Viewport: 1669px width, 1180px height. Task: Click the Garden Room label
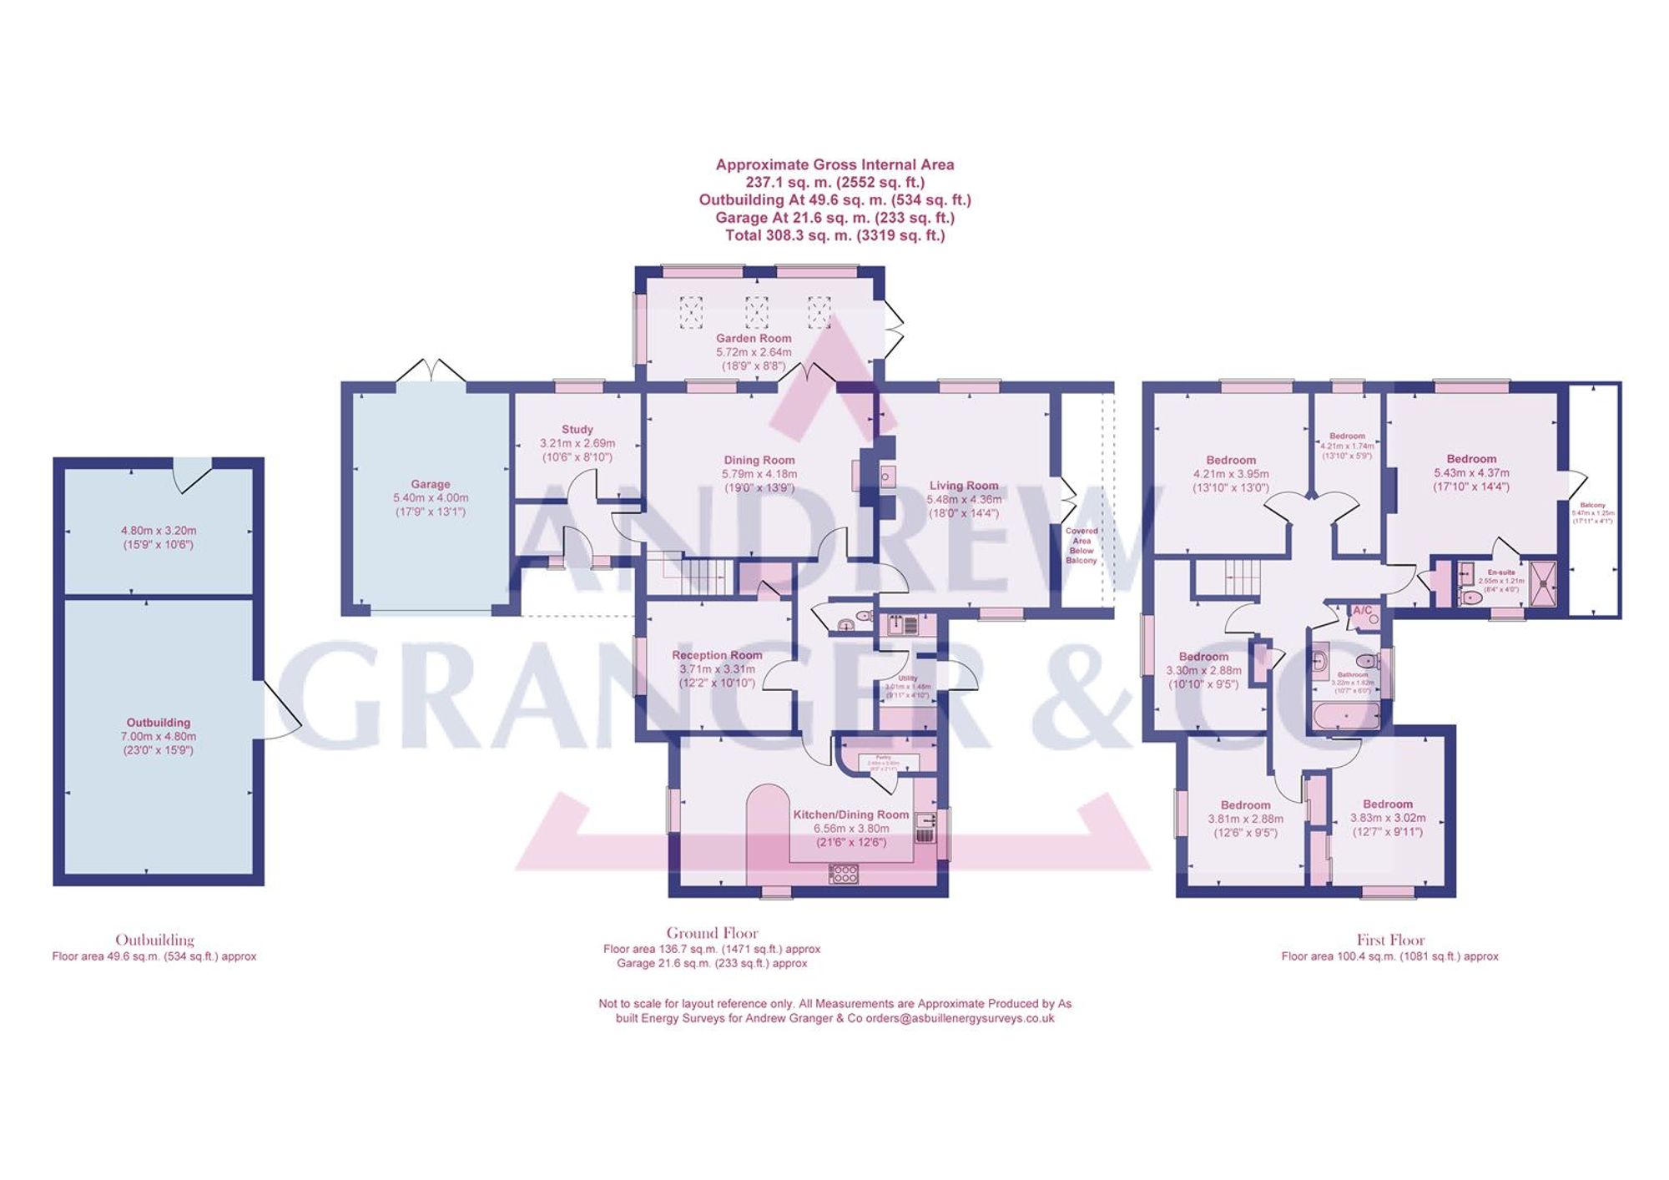coord(753,338)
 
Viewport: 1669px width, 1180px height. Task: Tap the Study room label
coord(577,430)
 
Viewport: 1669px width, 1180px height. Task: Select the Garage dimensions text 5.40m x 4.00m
coord(431,498)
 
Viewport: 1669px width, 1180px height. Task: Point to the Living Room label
coord(964,486)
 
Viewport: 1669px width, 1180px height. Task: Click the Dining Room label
coord(759,460)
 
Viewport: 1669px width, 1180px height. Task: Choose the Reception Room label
coord(717,655)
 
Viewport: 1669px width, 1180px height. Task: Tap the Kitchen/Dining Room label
coord(850,814)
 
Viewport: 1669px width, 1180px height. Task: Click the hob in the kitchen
coord(843,874)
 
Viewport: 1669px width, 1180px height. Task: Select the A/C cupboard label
coord(1362,611)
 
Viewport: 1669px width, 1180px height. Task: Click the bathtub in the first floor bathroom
coord(1345,716)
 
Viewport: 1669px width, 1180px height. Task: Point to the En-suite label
coord(1500,572)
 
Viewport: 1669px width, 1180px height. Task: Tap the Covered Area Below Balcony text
coord(1082,546)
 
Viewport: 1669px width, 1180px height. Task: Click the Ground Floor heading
coord(712,933)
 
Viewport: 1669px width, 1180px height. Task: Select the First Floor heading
coord(1390,940)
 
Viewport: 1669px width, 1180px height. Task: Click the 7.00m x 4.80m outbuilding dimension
coord(159,737)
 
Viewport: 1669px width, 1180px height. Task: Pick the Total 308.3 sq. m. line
coord(834,235)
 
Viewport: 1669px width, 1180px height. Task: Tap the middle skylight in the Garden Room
coord(756,313)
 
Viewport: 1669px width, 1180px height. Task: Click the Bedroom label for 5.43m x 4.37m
coord(1471,459)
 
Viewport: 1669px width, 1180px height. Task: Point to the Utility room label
coord(908,678)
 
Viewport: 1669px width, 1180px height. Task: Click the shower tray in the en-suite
coord(1543,582)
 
